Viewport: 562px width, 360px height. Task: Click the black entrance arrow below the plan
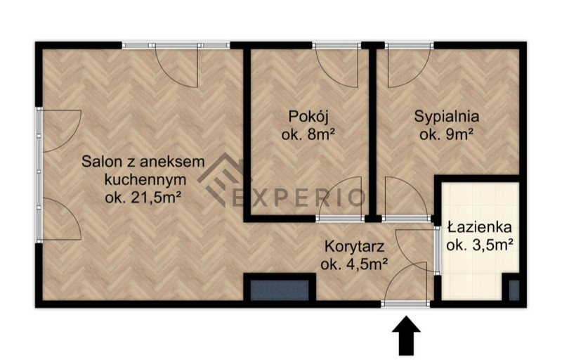(x=406, y=335)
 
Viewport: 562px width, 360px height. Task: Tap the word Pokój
(x=308, y=117)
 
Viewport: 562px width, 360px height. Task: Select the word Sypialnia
(x=447, y=117)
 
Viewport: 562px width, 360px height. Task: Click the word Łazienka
(x=480, y=227)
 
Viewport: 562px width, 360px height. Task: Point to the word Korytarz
(x=355, y=247)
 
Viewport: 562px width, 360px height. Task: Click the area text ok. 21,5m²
(x=142, y=198)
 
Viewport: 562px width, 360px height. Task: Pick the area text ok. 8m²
(x=308, y=135)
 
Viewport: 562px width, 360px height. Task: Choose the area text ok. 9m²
(x=447, y=135)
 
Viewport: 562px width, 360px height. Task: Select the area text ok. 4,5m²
(x=354, y=264)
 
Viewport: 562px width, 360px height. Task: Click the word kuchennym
(x=145, y=179)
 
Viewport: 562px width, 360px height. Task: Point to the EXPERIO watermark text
(x=299, y=198)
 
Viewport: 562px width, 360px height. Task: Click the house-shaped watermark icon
(x=219, y=179)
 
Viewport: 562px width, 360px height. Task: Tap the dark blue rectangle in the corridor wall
(x=280, y=290)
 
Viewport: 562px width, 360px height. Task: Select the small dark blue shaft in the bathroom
(x=514, y=290)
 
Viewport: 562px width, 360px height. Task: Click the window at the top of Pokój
(x=336, y=46)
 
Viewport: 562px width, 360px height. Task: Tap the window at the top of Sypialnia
(x=410, y=46)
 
